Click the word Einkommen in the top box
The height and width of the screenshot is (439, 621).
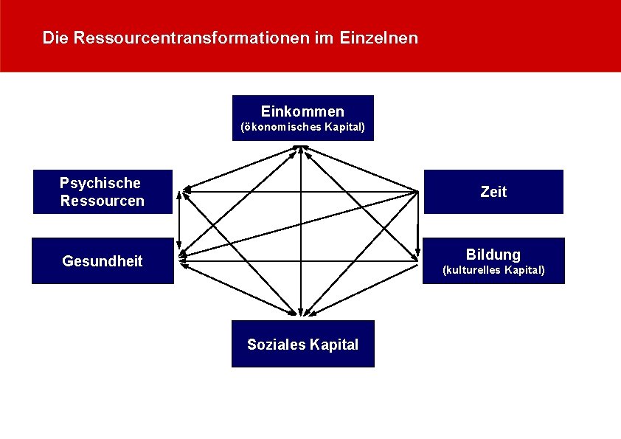click(x=302, y=111)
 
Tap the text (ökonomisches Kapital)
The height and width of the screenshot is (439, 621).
click(x=302, y=128)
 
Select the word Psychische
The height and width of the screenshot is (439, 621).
click(x=100, y=183)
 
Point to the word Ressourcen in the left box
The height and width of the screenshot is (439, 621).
click(x=103, y=201)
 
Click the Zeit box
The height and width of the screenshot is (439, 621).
click(x=493, y=192)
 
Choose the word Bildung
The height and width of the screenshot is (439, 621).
click(x=493, y=255)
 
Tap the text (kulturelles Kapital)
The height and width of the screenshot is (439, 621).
click(x=493, y=270)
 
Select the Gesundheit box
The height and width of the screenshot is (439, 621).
click(x=103, y=260)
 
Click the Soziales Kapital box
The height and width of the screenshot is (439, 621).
click(x=302, y=344)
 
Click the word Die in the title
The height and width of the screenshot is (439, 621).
click(x=55, y=37)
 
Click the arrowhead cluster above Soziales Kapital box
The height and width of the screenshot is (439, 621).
click(x=302, y=313)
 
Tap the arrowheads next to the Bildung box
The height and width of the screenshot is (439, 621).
click(x=416, y=255)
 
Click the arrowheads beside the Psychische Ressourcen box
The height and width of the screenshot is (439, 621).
click(x=186, y=190)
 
